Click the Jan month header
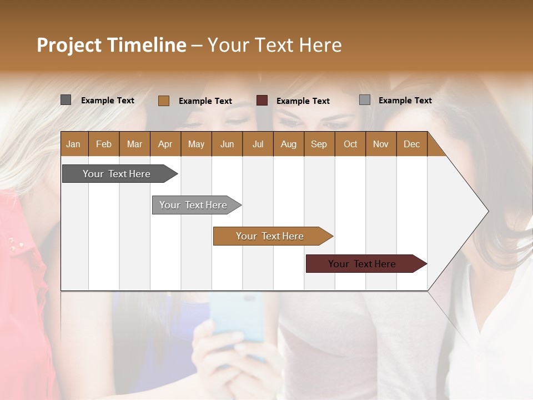click(x=73, y=144)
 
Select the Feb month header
click(x=104, y=144)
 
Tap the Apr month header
click(x=165, y=144)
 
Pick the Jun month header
click(x=227, y=144)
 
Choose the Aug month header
click(x=288, y=144)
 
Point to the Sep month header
click(x=319, y=144)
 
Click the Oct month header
click(x=350, y=144)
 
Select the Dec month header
click(x=411, y=144)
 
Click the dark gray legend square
click(x=66, y=100)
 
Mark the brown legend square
click(x=163, y=101)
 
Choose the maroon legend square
click(x=262, y=101)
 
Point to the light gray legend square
click(x=365, y=100)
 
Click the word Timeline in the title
click(x=147, y=45)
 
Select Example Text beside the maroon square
click(x=303, y=101)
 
